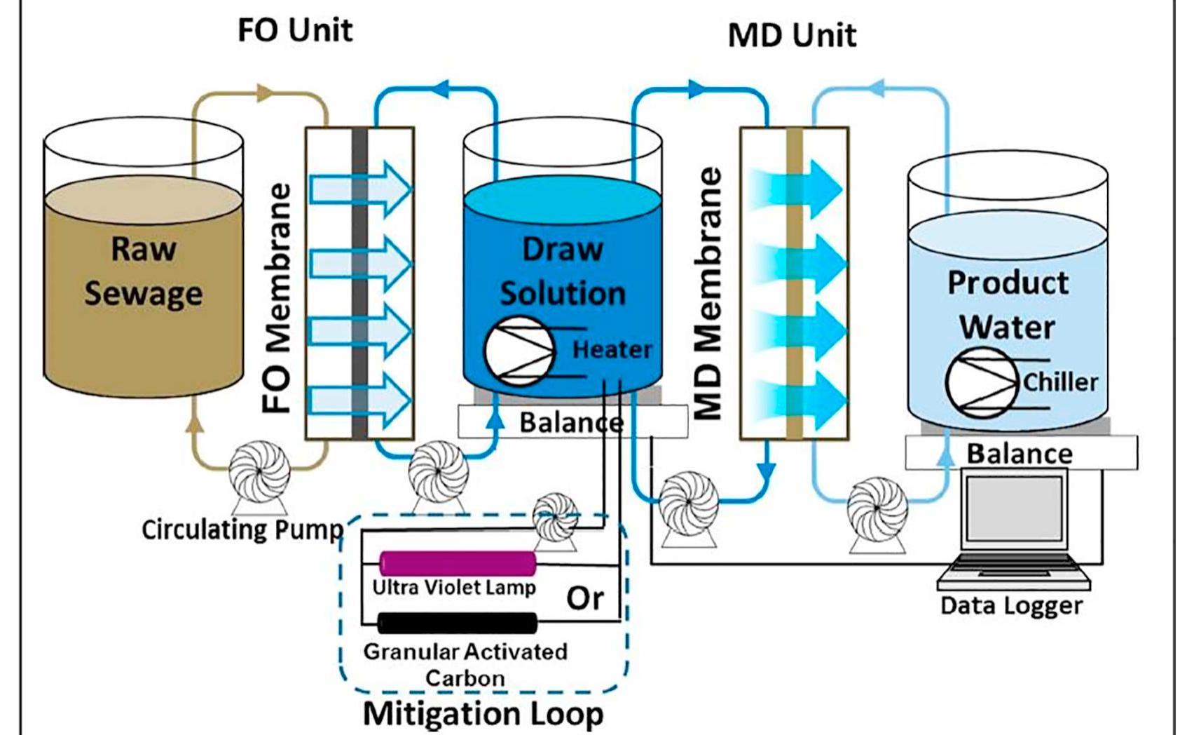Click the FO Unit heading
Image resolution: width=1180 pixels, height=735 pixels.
coord(295,30)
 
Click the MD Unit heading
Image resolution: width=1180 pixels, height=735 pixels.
coord(792,35)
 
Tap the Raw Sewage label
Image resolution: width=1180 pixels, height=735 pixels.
coord(144,271)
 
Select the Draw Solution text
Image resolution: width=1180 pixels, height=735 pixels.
coord(563,271)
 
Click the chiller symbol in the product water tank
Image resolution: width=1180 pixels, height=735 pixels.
coord(981,383)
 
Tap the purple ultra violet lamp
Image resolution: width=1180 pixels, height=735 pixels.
coord(458,563)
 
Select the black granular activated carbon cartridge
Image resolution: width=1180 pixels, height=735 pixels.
coord(458,622)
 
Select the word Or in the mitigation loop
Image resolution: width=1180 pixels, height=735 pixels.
coord(585,598)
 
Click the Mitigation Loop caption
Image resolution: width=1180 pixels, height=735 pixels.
coord(483,714)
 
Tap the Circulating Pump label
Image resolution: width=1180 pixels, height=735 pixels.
coord(242,530)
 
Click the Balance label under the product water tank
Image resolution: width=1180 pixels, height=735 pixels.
coord(1020,454)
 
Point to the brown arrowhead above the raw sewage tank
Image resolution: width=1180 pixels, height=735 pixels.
coord(264,92)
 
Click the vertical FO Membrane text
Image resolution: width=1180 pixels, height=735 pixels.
coord(277,298)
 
